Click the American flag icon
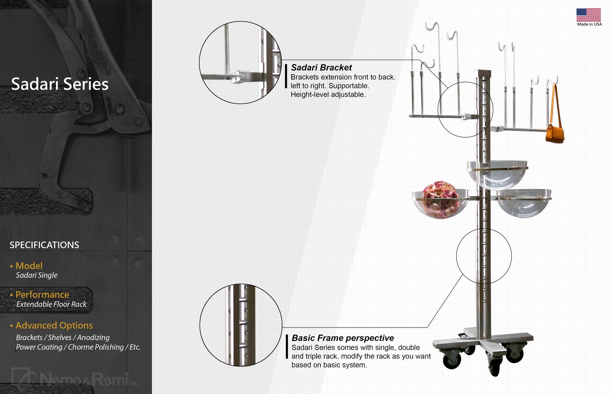click(588, 15)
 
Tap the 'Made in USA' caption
click(589, 24)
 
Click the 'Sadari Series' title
click(60, 84)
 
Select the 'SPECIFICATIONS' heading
click(44, 245)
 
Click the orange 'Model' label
click(29, 266)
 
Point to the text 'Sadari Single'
click(37, 275)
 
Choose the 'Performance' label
click(42, 294)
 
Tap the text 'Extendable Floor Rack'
click(51, 304)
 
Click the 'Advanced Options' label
click(54, 325)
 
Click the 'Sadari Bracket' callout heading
click(321, 68)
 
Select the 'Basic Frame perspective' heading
click(343, 338)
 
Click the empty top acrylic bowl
click(497, 175)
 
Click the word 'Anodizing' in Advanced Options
click(93, 337)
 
